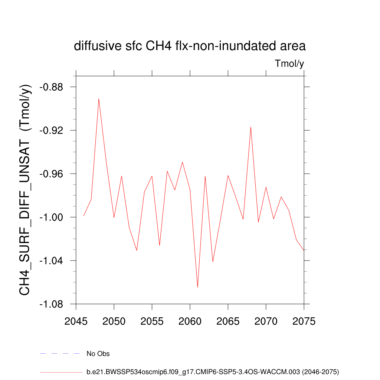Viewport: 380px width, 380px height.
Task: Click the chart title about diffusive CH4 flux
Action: click(x=190, y=46)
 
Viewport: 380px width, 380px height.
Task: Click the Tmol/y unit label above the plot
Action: click(x=289, y=64)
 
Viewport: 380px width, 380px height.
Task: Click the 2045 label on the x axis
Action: click(x=76, y=321)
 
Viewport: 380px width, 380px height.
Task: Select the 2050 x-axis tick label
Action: click(x=114, y=321)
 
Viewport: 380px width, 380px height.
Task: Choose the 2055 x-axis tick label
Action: click(x=152, y=321)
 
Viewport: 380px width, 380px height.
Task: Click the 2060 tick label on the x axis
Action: click(x=190, y=321)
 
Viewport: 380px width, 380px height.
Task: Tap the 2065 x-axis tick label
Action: click(x=228, y=321)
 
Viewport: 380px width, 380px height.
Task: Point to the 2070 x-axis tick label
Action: click(x=266, y=321)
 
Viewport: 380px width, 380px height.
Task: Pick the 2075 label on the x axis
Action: click(x=304, y=321)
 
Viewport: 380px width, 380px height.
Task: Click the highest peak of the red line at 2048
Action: click(x=99, y=99)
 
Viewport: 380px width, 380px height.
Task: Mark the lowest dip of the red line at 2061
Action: click(x=197, y=287)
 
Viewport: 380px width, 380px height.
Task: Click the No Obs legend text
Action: click(x=98, y=354)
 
